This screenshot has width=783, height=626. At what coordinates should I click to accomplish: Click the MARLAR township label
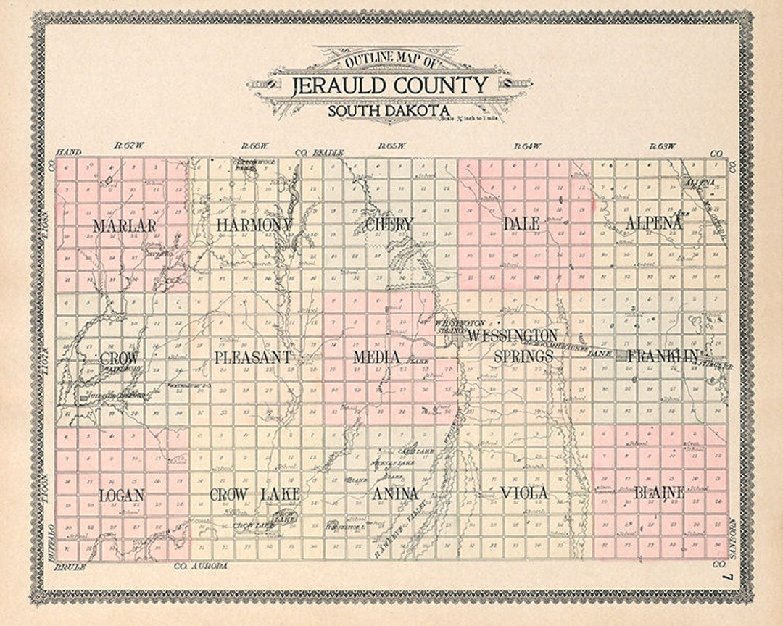point(124,225)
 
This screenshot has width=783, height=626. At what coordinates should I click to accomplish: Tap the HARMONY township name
point(254,225)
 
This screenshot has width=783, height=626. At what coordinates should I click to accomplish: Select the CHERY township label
point(389,225)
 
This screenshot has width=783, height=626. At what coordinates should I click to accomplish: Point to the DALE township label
point(522,224)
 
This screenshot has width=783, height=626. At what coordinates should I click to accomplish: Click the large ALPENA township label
point(654,223)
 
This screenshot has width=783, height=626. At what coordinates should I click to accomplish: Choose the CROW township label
point(119,358)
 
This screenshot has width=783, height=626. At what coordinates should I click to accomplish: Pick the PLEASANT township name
point(253,357)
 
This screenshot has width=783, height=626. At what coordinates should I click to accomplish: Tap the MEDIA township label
point(377,357)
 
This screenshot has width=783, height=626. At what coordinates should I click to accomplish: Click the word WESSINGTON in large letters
point(513,335)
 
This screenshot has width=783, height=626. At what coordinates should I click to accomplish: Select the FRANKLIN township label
point(663,356)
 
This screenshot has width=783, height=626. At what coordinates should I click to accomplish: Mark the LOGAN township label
point(122,496)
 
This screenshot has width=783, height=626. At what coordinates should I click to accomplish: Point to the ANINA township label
point(395,494)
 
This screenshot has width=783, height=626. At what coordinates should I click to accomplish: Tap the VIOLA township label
point(524,493)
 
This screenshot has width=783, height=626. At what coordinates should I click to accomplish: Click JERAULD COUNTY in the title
point(390,86)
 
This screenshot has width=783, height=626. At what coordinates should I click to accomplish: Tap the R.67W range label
point(130,146)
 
